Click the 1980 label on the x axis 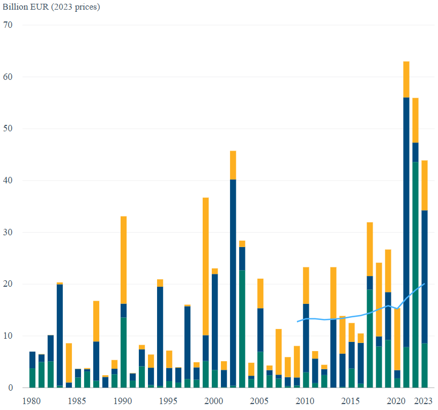point(32,401)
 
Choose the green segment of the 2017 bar point(369,338)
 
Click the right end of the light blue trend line point(425,284)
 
